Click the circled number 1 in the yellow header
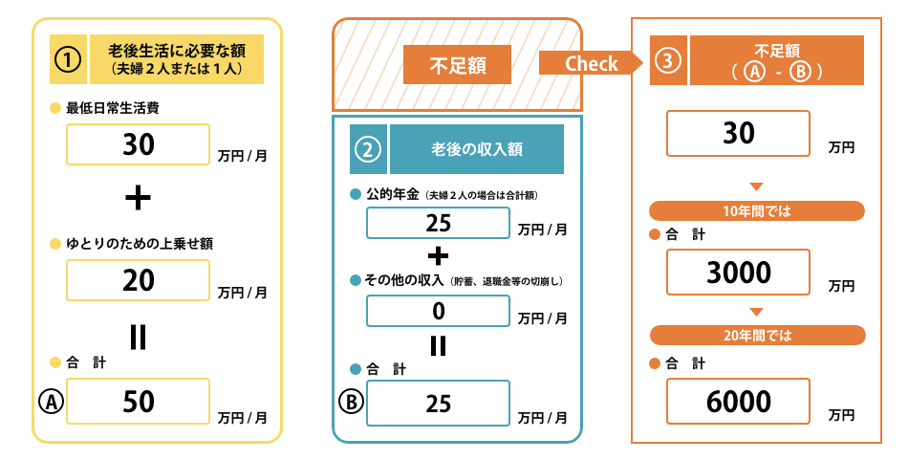(x=67, y=59)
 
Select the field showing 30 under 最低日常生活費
(x=139, y=144)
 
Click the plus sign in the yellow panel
(x=139, y=197)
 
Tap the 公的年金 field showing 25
(x=438, y=223)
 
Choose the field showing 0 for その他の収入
(x=438, y=311)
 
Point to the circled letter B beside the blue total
(x=351, y=403)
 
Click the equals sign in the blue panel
(x=438, y=344)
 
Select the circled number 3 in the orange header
(x=668, y=60)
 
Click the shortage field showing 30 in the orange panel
(x=739, y=134)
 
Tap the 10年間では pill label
(x=757, y=210)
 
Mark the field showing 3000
(x=739, y=273)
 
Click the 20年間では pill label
(x=757, y=335)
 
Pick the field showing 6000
(x=739, y=402)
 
